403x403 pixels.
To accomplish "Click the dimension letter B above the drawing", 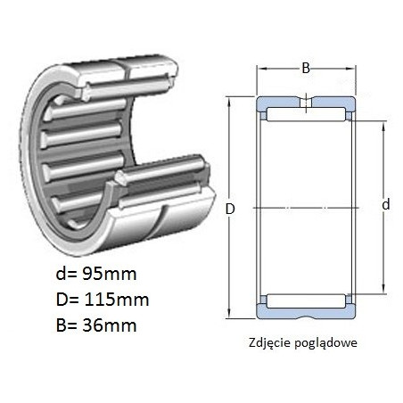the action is coord(306,68).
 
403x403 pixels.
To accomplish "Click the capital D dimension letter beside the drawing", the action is coord(230,209).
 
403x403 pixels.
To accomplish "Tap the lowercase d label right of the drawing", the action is coord(385,205).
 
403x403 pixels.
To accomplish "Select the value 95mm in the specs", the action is coord(109,274).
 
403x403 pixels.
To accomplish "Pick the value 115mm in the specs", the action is coord(117,300).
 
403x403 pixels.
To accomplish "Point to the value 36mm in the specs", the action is coord(109,325).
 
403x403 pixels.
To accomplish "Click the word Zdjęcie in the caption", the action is coord(269,343).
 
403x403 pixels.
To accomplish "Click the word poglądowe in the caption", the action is coord(325,343).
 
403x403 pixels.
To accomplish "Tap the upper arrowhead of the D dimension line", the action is coord(229,102).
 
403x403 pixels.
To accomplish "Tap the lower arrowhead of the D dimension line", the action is coord(229,313).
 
